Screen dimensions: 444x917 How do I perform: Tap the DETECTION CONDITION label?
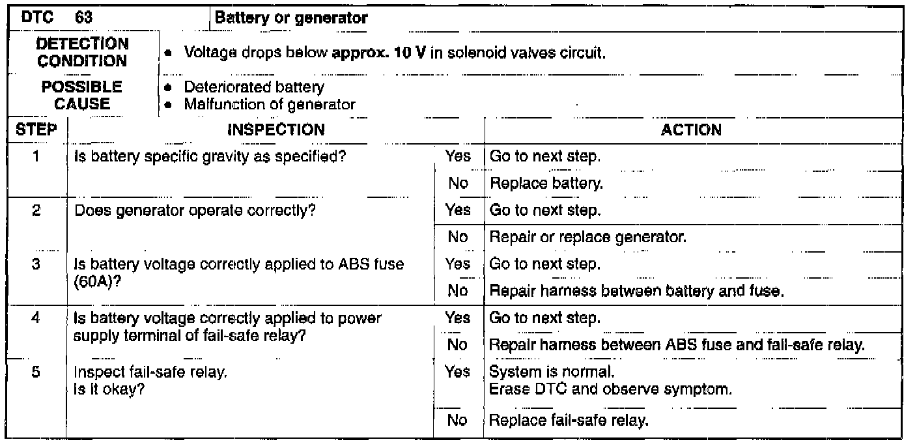tap(82, 52)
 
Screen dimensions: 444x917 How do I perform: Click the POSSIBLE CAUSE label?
tap(82, 95)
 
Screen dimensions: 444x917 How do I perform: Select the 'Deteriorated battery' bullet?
tap(254, 87)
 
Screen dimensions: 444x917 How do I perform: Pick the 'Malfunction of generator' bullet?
tap(270, 104)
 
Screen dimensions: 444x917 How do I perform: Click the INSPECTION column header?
tap(275, 130)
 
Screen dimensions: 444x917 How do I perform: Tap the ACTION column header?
tap(691, 130)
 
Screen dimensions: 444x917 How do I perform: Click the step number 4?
tap(36, 319)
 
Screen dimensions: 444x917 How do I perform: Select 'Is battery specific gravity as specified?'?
tap(210, 157)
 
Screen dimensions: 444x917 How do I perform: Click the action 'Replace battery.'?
tap(546, 184)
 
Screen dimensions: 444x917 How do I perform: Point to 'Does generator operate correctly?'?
tap(196, 212)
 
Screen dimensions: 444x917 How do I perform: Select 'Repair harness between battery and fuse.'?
tap(635, 291)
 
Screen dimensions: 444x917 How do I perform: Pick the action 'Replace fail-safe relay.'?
tap(569, 420)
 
